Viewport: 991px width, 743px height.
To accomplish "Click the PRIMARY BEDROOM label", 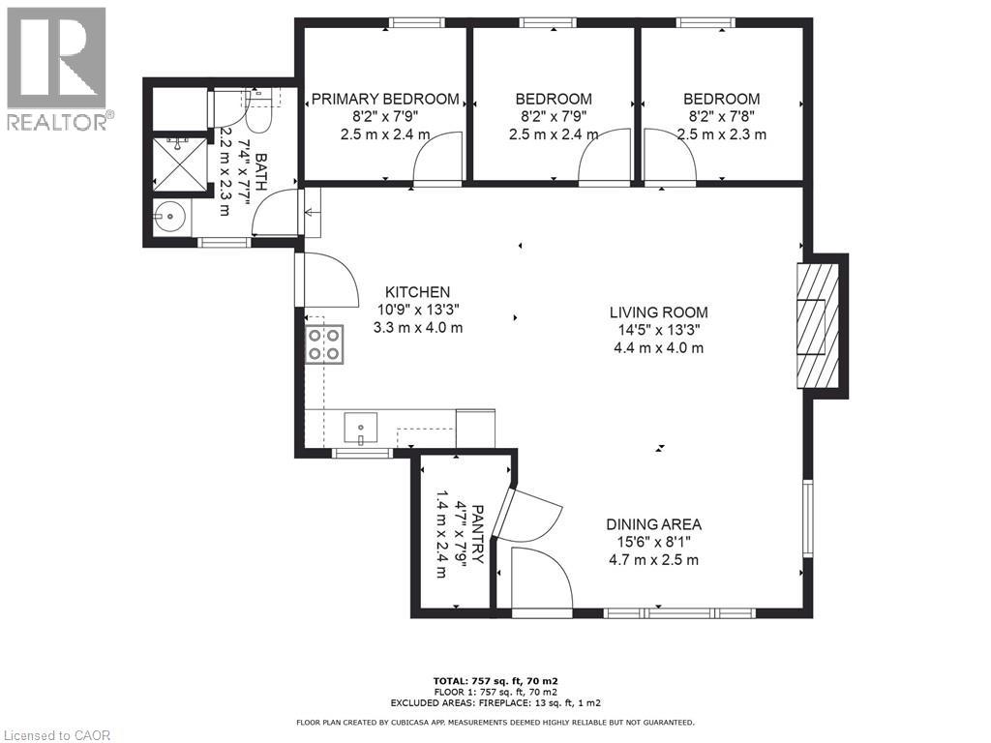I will coord(384,99).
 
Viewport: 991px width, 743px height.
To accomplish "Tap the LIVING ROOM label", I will coord(658,312).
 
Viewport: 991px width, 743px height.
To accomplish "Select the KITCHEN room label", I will coord(417,292).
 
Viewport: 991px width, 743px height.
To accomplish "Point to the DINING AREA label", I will coord(653,524).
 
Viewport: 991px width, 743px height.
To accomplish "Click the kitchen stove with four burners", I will coord(324,343).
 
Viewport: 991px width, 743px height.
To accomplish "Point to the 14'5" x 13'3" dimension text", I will coord(658,330).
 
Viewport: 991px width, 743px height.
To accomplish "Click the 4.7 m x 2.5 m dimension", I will coord(653,559).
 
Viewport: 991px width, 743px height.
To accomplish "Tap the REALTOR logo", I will coord(57,68).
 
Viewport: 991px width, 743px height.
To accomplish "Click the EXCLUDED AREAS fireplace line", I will coord(495,703).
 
